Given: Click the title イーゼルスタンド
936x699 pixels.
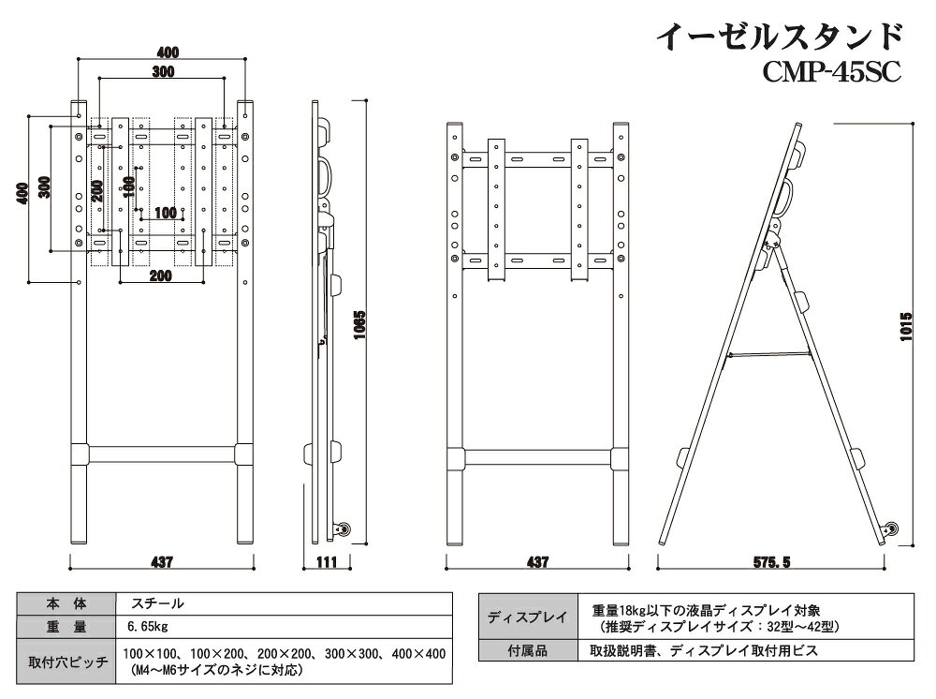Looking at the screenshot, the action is (779, 37).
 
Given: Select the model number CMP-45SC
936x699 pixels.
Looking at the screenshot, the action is (831, 73).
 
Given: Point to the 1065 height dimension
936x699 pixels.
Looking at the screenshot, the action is (359, 325).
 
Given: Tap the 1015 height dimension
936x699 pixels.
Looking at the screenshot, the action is (906, 327).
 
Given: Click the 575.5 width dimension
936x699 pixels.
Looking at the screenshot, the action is (771, 562).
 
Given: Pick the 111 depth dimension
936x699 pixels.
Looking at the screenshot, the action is (327, 562).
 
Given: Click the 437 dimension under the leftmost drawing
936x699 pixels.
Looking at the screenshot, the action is (162, 562).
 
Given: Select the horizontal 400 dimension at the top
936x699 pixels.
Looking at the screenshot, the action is (168, 52).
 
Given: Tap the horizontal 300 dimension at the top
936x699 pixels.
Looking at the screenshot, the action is (163, 72).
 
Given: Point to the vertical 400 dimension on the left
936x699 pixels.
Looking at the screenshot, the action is (22, 193).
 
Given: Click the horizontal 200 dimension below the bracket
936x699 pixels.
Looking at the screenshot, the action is (161, 275).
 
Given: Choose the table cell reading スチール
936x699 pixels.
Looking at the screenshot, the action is (157, 603).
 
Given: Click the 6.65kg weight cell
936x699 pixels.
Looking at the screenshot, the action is (148, 627).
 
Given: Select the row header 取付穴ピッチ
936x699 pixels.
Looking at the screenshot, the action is (68, 662).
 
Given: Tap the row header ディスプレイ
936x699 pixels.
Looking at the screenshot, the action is (528, 617).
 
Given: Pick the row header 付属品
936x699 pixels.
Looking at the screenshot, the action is (528, 650).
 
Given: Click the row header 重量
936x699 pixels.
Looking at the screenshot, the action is (66, 627).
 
